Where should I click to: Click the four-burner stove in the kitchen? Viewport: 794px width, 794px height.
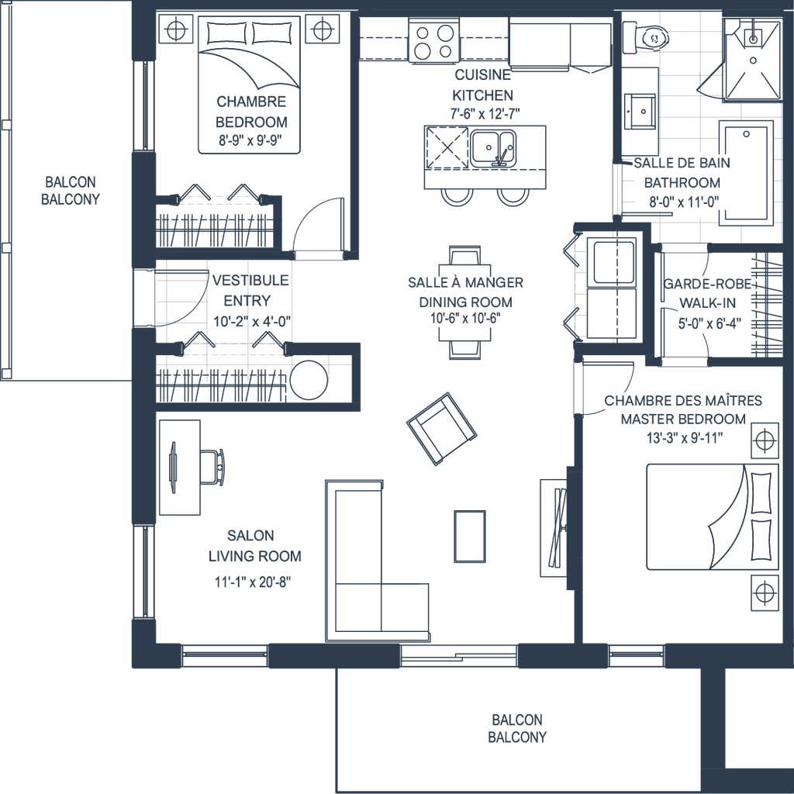434,42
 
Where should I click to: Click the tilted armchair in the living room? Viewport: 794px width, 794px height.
440,428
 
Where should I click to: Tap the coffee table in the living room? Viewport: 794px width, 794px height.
469,536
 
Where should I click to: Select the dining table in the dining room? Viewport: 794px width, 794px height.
464,302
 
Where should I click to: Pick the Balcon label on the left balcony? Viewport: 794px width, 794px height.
71,190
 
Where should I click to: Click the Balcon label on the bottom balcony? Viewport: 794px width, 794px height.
516,728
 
